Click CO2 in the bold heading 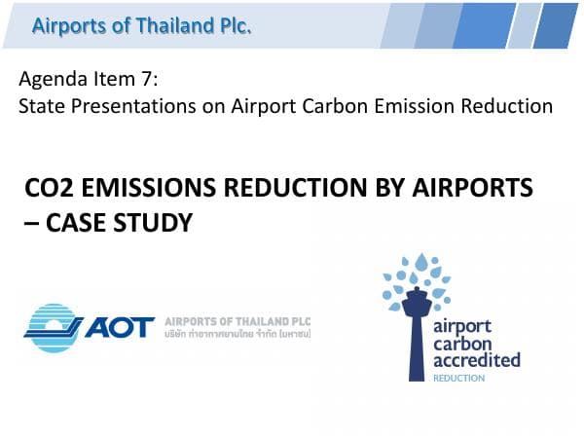click(x=48, y=190)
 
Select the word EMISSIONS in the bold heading click(x=142, y=190)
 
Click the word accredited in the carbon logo click(x=477, y=361)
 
